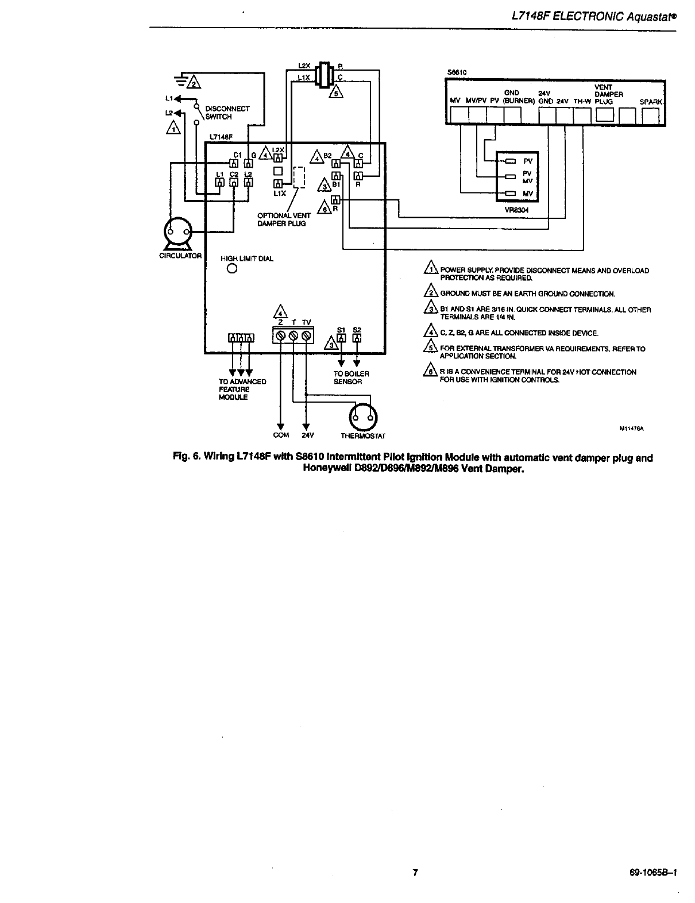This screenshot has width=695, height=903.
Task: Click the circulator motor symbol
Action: [177, 232]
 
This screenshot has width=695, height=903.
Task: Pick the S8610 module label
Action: [457, 72]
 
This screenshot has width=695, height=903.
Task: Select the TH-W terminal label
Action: [582, 102]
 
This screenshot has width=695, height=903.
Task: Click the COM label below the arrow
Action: [281, 435]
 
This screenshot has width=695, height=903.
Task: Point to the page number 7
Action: [415, 873]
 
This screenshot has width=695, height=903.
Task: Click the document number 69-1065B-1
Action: [654, 873]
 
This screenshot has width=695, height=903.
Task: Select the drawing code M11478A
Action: [630, 428]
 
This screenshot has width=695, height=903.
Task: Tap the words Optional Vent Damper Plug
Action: [284, 219]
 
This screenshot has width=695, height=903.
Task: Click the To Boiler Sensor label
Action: [351, 377]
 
